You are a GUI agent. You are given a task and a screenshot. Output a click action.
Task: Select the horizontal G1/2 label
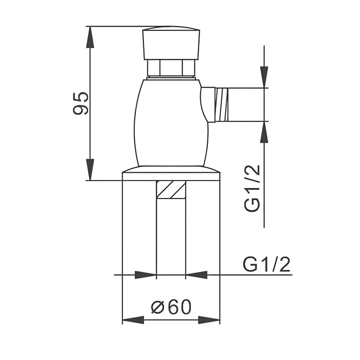[x=266, y=265]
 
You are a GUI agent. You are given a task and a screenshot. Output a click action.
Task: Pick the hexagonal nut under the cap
[x=171, y=68]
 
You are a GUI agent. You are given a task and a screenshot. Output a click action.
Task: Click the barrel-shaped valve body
[x=171, y=122]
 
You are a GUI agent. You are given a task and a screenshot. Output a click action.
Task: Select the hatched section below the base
[x=171, y=189]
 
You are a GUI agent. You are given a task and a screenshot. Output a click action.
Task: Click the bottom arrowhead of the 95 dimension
[x=90, y=169]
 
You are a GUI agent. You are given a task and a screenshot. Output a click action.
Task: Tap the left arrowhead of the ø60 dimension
[x=133, y=320]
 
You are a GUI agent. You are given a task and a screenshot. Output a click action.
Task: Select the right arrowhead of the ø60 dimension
[x=209, y=320]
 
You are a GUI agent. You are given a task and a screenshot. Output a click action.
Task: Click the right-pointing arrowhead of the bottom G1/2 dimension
[x=145, y=275]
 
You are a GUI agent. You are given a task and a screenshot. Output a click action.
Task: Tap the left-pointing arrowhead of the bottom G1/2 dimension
[x=197, y=275]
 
